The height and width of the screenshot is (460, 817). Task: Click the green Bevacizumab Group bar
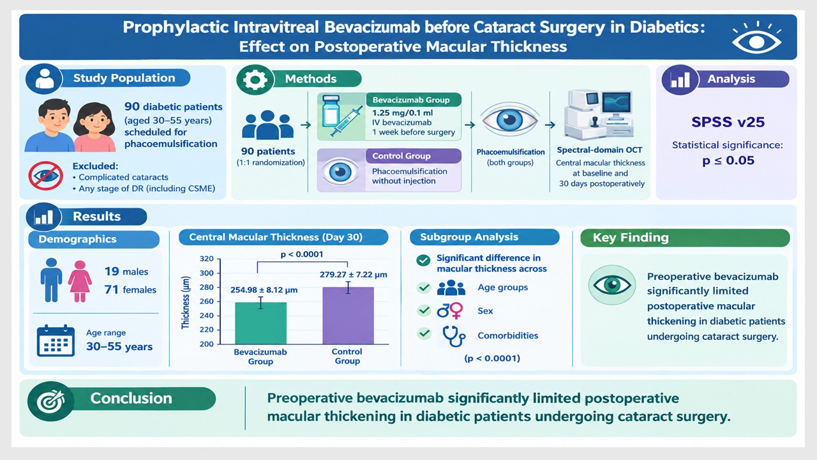(260, 323)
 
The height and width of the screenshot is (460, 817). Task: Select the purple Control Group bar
(348, 316)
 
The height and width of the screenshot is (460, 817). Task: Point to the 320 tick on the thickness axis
(206, 259)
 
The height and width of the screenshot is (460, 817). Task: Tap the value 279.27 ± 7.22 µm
(354, 275)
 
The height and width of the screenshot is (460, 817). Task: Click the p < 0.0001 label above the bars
(302, 254)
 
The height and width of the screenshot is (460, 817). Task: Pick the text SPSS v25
(728, 122)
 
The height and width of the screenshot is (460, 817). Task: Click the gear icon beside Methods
(255, 79)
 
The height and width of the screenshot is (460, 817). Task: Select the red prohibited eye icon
(45, 176)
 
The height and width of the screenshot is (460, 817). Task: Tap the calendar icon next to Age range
(56, 341)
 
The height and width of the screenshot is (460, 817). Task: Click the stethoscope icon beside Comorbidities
(453, 336)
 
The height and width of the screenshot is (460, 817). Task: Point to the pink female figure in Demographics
(80, 281)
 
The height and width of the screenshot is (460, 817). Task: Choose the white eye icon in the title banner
(756, 38)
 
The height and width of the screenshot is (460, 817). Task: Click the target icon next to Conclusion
(50, 401)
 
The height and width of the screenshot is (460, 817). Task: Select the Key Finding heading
(631, 238)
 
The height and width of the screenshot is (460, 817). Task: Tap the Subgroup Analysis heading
(469, 237)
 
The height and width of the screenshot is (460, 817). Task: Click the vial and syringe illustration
(341, 116)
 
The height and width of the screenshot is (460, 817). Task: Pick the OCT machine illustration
(598, 115)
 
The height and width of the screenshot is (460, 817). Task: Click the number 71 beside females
(112, 289)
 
